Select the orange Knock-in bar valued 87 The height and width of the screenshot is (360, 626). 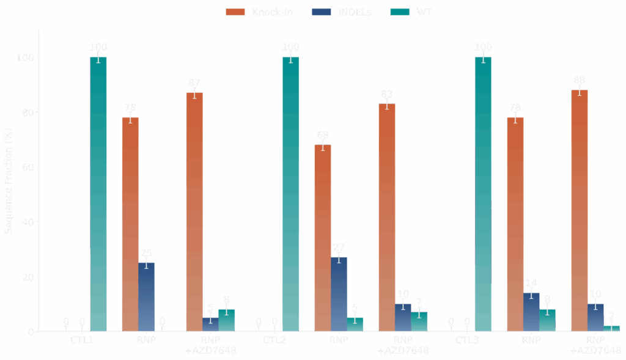point(194,211)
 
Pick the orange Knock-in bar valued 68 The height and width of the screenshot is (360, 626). point(323,238)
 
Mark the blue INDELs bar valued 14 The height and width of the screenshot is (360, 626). point(531,312)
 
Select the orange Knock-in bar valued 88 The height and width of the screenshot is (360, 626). point(580,210)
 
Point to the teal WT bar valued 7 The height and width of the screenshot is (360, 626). point(419,321)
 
